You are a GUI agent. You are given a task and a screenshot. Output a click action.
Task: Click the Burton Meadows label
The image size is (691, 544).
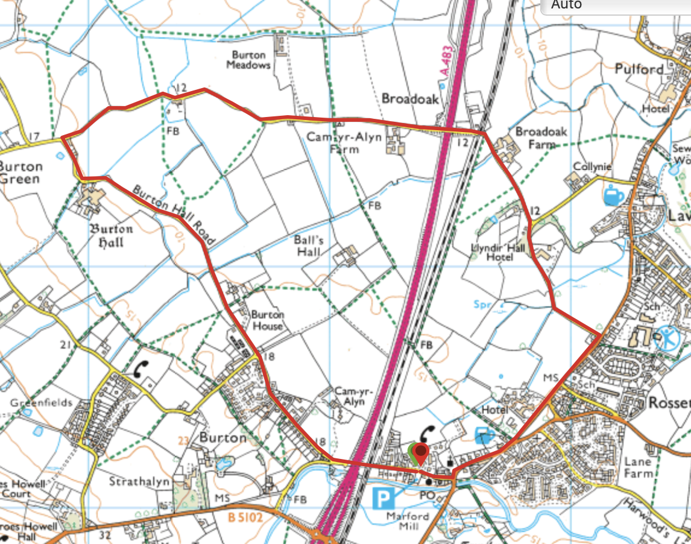tap(248, 59)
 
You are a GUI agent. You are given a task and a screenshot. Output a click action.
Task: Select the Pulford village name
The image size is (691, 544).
tap(639, 69)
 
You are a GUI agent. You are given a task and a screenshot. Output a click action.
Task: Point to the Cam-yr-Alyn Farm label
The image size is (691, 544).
tap(344, 143)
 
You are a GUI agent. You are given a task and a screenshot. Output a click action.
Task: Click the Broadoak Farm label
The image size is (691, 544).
tap(533, 138)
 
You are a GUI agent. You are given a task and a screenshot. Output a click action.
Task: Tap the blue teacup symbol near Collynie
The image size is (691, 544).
tap(614, 195)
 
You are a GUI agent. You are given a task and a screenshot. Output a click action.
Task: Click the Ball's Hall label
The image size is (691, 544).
tap(309, 245)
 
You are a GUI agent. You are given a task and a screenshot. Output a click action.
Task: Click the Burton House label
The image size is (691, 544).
tap(267, 320)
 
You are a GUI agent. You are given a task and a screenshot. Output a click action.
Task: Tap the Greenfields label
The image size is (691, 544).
tap(41, 402)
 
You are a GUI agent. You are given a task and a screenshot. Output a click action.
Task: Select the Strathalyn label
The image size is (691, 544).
tap(137, 482)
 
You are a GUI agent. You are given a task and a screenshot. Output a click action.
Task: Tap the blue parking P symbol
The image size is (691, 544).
tap(382, 499)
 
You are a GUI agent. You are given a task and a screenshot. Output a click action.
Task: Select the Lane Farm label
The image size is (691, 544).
tap(638, 467)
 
